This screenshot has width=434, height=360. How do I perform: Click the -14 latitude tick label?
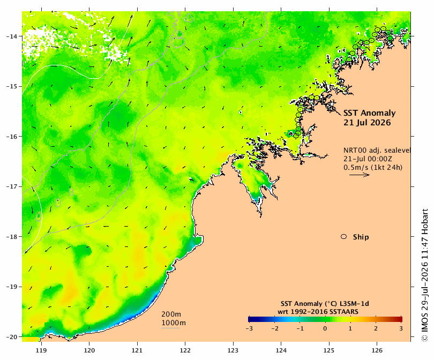click(11, 36)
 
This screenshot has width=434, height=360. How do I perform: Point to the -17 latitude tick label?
click(11, 186)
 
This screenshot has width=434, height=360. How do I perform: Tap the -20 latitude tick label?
click(11, 337)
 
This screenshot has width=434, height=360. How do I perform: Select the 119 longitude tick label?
click(41, 350)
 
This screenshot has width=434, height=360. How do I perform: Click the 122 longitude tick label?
click(185, 350)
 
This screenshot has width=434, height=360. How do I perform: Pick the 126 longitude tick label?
click(377, 350)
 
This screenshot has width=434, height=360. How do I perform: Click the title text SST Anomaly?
click(370, 113)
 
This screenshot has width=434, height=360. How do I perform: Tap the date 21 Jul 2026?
click(367, 123)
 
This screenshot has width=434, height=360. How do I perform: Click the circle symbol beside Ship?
click(344, 237)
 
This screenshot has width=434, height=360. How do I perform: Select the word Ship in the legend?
click(361, 237)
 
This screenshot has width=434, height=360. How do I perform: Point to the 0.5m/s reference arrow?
click(360, 175)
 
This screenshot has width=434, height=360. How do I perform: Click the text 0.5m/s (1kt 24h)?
click(373, 167)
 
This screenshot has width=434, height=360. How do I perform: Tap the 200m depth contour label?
click(171, 314)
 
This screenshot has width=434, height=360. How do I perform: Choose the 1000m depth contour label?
click(174, 323)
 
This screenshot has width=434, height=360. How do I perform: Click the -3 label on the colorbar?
click(249, 329)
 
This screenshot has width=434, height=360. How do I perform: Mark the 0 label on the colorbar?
click(325, 329)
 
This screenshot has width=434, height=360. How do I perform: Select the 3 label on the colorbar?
click(401, 329)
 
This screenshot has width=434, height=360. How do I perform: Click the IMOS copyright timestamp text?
click(424, 275)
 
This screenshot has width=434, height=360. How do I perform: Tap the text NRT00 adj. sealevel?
click(377, 150)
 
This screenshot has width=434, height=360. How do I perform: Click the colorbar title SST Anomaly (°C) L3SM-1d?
click(325, 304)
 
